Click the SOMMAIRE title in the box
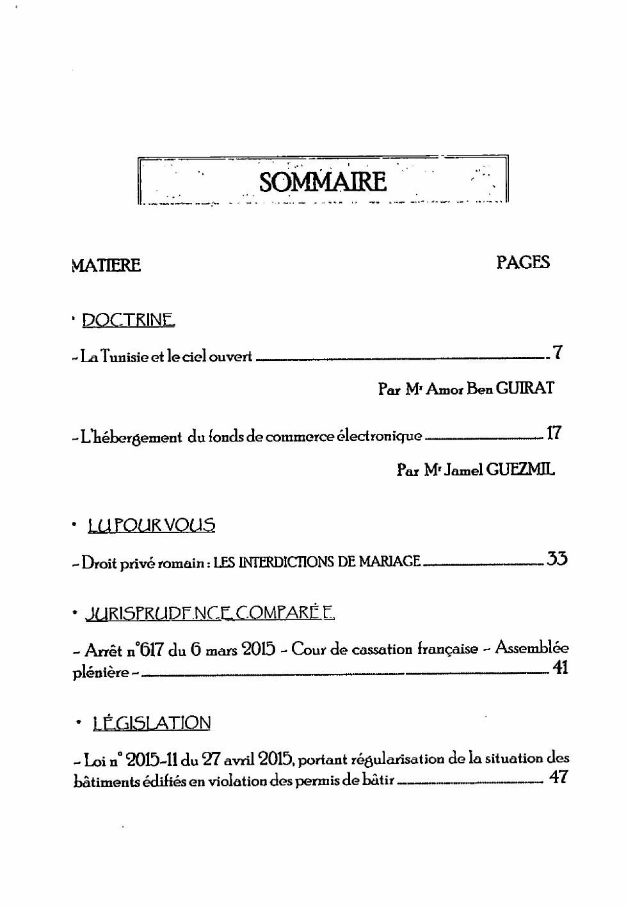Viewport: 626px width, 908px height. (323, 182)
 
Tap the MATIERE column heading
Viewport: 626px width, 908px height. (106, 265)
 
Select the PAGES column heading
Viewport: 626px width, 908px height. (523, 262)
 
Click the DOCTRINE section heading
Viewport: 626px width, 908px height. (128, 319)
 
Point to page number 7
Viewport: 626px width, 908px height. (558, 352)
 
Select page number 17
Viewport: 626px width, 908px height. (554, 433)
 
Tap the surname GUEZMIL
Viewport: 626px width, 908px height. (520, 470)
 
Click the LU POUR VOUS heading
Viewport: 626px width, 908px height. (152, 525)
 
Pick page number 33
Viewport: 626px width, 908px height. (556, 559)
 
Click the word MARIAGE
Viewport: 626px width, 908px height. (389, 562)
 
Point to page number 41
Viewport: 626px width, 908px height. (560, 668)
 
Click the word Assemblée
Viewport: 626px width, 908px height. (532, 648)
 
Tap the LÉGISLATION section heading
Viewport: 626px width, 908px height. (152, 723)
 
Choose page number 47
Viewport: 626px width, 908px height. (558, 777)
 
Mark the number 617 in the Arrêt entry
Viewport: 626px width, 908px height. (152, 650)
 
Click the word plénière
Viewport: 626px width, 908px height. (100, 673)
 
